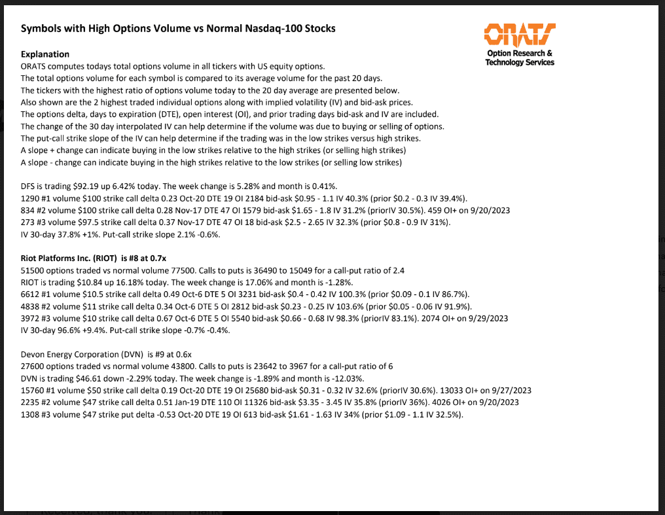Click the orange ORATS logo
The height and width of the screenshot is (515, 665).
[x=519, y=34]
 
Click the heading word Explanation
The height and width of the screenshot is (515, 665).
[x=45, y=54]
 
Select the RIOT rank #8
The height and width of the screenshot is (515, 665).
[x=137, y=258]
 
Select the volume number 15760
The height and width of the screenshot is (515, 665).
[x=33, y=391]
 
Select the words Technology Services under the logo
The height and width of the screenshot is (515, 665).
[x=520, y=62]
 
